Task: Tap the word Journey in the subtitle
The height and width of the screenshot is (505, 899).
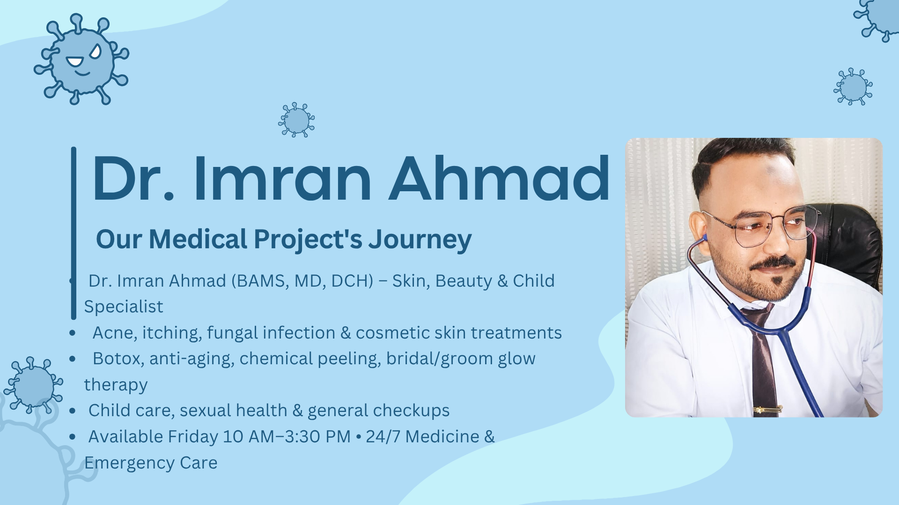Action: [x=420, y=240]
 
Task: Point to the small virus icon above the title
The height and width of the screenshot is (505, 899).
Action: [x=296, y=120]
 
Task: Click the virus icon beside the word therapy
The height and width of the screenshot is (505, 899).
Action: [x=33, y=386]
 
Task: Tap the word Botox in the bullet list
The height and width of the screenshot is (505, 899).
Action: [x=118, y=359]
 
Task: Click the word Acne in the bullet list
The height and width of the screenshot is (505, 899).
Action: [x=114, y=333]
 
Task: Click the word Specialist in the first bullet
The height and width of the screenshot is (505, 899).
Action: [x=124, y=307]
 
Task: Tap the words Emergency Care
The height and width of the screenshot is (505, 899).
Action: [x=151, y=463]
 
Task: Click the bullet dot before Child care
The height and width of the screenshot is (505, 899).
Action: [x=72, y=411]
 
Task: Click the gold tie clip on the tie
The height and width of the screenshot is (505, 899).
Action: [x=767, y=410]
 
